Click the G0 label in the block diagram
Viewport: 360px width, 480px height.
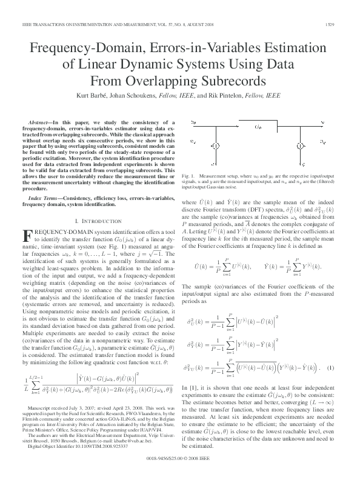coord(258,128)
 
